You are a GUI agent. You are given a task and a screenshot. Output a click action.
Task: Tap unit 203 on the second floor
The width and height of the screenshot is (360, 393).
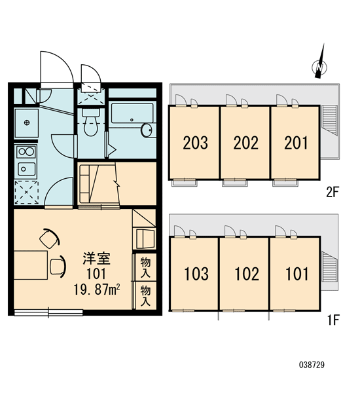(x=194, y=143)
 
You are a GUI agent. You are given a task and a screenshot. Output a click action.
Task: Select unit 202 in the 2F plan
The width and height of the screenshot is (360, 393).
(x=245, y=143)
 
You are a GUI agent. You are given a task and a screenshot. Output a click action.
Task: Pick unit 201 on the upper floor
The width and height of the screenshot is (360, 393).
(x=296, y=143)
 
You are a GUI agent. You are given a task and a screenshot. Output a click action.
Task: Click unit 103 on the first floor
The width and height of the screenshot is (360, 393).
(x=194, y=274)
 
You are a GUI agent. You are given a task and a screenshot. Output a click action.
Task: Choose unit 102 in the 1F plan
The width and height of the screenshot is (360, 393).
(x=245, y=274)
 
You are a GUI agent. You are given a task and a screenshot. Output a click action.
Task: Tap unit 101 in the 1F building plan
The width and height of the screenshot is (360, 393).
(x=295, y=274)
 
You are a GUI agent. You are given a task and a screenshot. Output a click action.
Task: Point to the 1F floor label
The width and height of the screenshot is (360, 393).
(x=333, y=320)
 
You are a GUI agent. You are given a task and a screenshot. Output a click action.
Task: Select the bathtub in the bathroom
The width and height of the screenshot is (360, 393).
(x=132, y=113)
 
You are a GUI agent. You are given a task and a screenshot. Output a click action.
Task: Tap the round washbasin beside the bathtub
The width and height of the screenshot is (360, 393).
(x=147, y=130)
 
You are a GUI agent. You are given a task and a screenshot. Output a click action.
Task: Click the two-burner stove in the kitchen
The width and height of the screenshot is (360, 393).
(x=26, y=152)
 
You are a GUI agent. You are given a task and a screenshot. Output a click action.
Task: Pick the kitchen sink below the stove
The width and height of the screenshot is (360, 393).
(x=26, y=169)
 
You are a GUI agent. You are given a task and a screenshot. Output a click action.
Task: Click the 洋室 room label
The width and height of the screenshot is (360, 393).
(x=97, y=259)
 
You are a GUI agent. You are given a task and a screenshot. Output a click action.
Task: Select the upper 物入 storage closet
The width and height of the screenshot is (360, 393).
(x=145, y=267)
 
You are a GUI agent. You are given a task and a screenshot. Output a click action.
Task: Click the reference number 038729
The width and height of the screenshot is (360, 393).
(x=312, y=365)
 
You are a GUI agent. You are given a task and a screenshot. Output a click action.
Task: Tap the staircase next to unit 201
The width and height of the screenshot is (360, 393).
(x=329, y=121)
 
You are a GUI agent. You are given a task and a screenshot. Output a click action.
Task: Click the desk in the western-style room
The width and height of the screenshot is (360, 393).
(x=31, y=265)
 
